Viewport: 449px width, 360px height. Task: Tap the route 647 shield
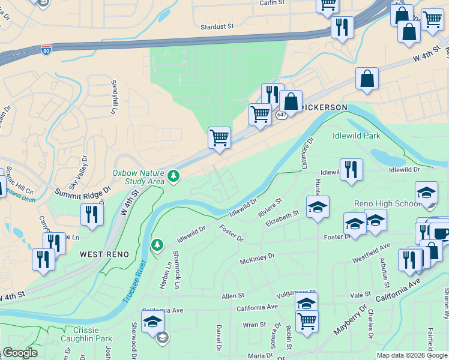[282, 114]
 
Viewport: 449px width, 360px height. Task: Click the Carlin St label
[271, 3]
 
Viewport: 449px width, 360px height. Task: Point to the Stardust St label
[217, 26]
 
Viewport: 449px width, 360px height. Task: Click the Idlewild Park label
[357, 136]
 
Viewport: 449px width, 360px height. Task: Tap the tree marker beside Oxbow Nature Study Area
[173, 175]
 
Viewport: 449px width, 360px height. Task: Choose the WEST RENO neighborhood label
[104, 254]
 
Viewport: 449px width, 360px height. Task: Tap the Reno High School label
[387, 203]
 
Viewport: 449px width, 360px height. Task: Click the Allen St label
[233, 296]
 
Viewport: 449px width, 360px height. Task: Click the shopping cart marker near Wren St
[307, 321]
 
